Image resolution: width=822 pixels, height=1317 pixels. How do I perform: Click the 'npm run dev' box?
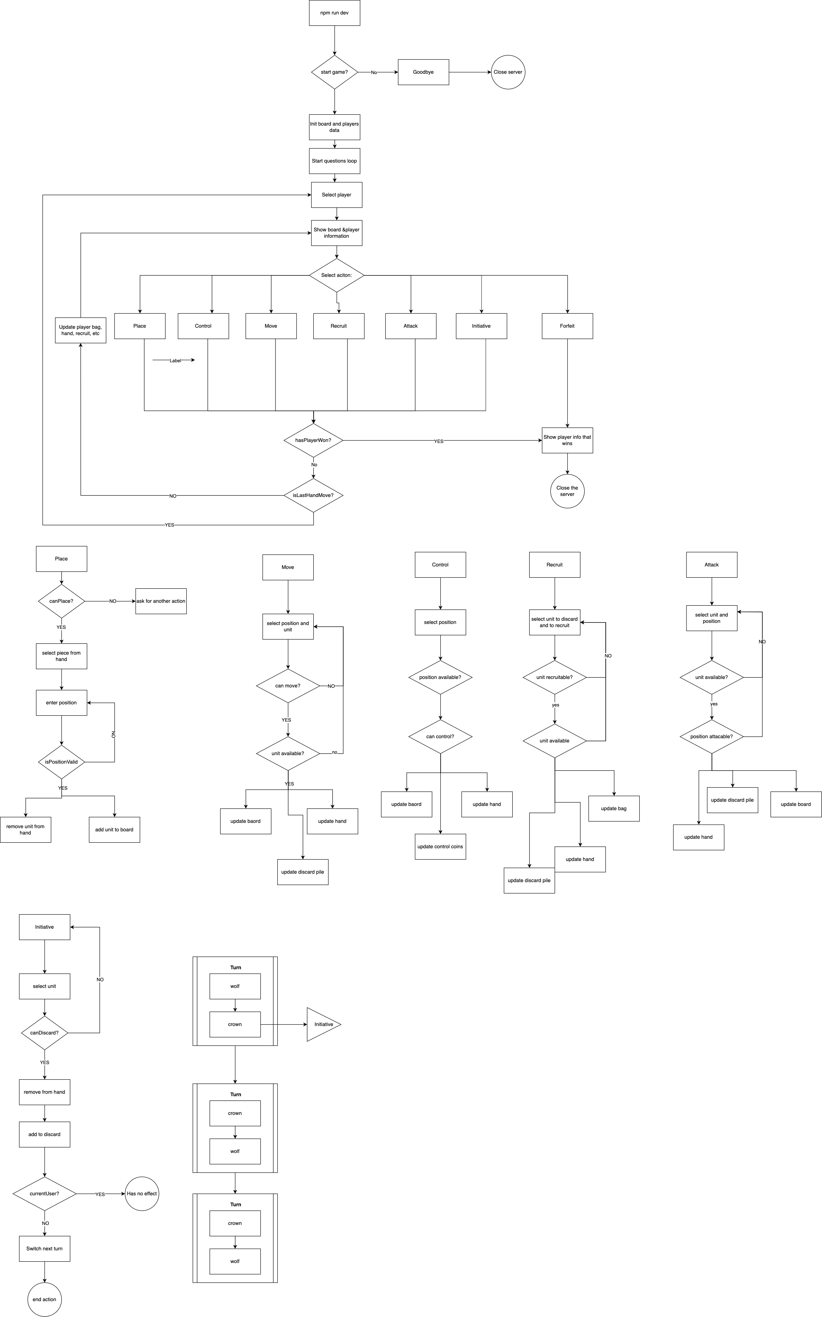334,12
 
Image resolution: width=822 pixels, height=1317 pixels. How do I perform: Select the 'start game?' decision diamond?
334,72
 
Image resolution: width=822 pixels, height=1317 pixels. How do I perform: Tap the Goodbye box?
423,72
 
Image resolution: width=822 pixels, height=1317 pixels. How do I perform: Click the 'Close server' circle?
508,72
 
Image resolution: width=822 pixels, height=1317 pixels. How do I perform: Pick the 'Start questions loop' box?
334,161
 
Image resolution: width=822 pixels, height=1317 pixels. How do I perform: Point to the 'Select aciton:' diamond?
337,275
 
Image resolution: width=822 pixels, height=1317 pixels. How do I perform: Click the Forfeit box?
567,326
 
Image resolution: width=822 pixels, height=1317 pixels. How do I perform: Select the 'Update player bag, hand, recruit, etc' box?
80,330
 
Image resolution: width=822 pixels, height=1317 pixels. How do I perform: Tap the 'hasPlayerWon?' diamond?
313,440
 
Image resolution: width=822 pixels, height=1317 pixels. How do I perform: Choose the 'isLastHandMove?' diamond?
313,495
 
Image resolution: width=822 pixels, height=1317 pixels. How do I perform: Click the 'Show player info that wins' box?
567,440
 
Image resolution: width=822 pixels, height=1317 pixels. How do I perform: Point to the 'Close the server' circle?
567,491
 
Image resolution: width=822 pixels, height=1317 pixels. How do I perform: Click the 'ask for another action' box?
161,601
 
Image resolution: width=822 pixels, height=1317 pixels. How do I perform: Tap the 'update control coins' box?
440,846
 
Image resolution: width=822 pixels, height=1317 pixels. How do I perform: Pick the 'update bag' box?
614,808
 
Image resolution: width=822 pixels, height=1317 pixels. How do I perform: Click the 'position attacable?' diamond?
712,736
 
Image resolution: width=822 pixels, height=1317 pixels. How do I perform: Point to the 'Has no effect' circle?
142,1194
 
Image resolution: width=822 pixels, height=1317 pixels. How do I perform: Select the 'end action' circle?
44,1299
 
